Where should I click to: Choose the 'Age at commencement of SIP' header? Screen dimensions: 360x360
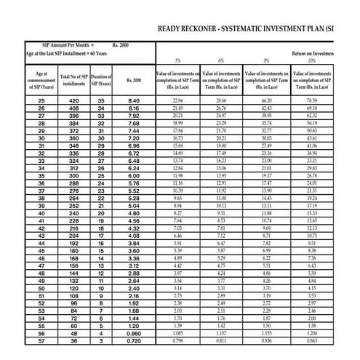coord(41,80)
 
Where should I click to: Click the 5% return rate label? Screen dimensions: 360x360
coord(177,61)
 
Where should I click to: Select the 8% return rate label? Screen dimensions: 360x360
coord(266,61)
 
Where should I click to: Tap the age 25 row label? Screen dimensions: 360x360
coord(41,100)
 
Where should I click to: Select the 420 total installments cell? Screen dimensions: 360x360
coord(74,100)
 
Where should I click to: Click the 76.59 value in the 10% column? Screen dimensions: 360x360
coord(311,100)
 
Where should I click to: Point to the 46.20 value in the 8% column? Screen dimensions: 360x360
coord(266,100)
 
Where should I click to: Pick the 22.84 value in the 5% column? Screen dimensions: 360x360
coord(177,100)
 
